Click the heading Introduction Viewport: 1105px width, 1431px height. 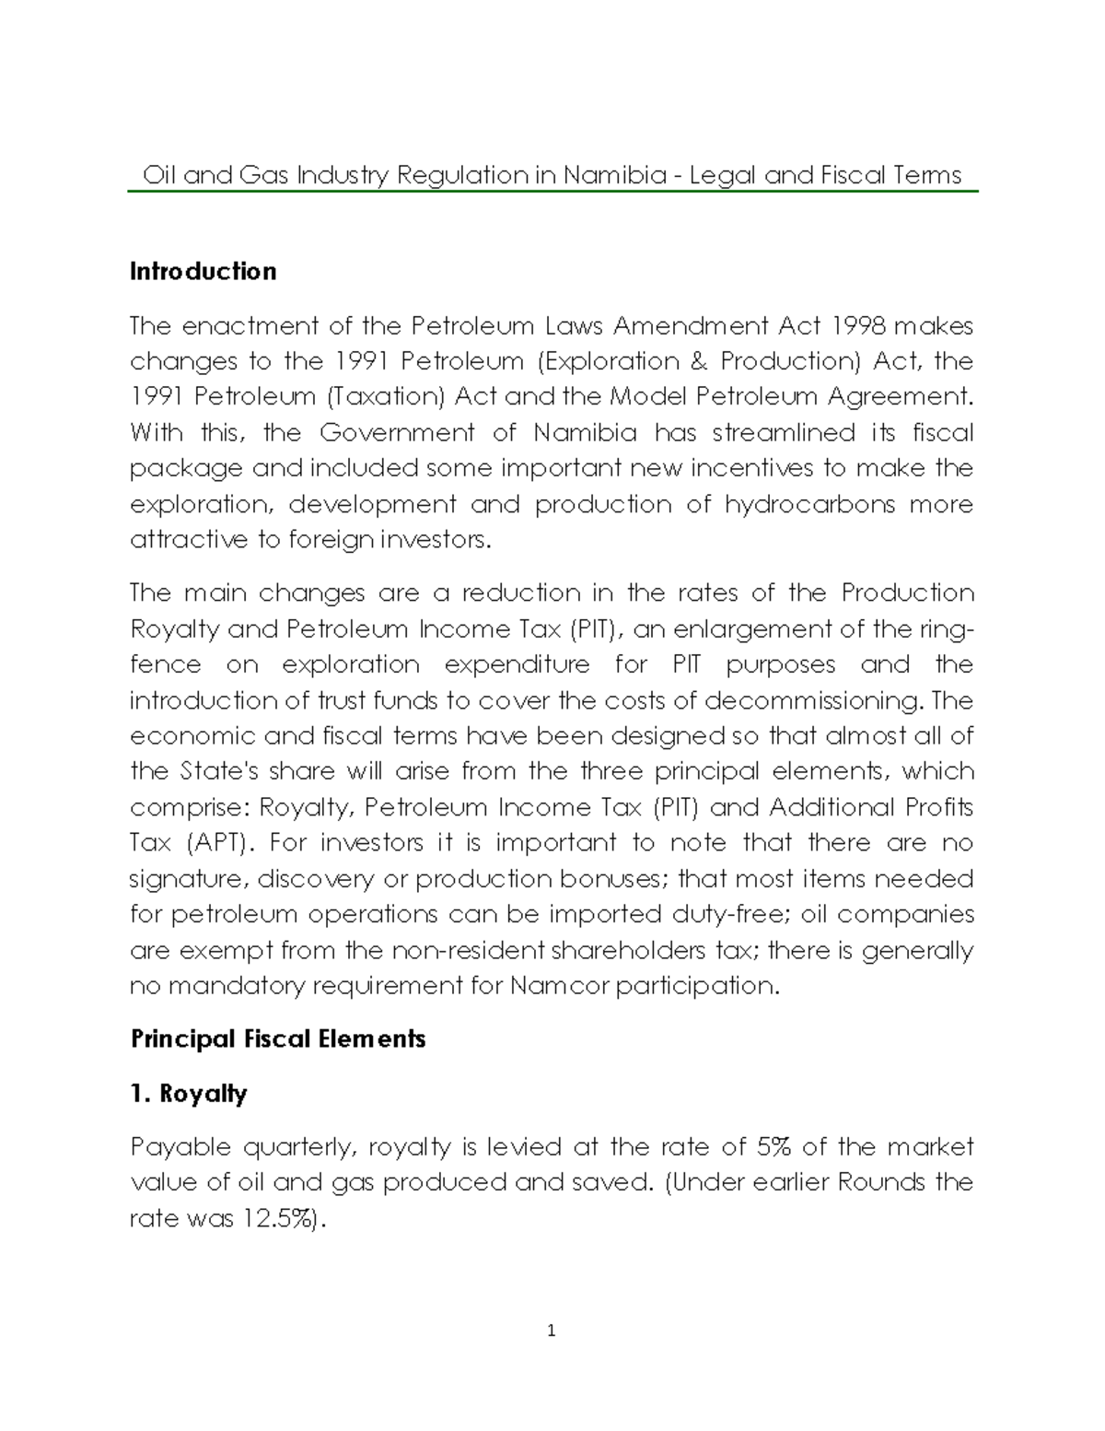coord(203,271)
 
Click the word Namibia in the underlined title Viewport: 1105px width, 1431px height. coord(613,174)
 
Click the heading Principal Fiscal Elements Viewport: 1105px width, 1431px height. coord(278,1039)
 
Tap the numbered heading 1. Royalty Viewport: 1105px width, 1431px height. coord(189,1094)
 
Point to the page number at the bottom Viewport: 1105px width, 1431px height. coord(552,1330)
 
